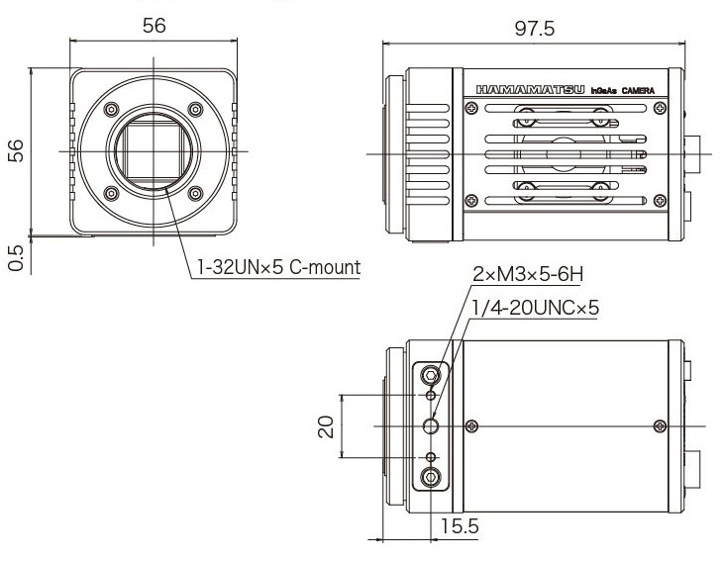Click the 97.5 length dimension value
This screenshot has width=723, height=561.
[534, 29]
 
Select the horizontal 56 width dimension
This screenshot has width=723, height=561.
[154, 26]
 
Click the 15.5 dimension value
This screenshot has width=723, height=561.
[460, 527]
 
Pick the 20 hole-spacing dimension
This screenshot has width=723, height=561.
[324, 425]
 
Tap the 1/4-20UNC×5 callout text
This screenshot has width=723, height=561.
[535, 308]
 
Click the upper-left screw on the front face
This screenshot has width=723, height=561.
[111, 109]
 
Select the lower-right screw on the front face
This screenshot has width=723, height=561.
[195, 193]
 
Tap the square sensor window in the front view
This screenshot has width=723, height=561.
[154, 150]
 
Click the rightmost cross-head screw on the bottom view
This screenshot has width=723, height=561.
[661, 425]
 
